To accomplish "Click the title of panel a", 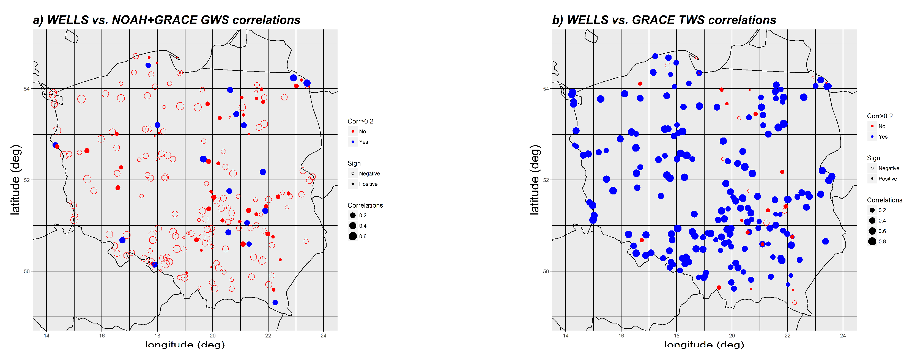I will pyautogui.click(x=166, y=20).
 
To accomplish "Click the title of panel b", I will pyautogui.click(x=664, y=20).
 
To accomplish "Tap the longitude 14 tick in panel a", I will pyautogui.click(x=46, y=336).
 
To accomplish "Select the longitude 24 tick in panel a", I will pyautogui.click(x=323, y=336).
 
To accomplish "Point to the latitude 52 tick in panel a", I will pyautogui.click(x=27, y=180).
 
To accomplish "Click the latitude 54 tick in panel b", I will pyautogui.click(x=546, y=89).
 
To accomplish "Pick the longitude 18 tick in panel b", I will pyautogui.click(x=676, y=336).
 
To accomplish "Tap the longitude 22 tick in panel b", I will pyautogui.click(x=787, y=336).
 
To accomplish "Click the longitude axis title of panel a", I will pyautogui.click(x=185, y=344).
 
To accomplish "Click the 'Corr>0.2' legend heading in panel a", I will pyautogui.click(x=360, y=121).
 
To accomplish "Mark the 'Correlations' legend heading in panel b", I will pyautogui.click(x=884, y=200).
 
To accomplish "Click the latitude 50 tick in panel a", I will pyautogui.click(x=27, y=271).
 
